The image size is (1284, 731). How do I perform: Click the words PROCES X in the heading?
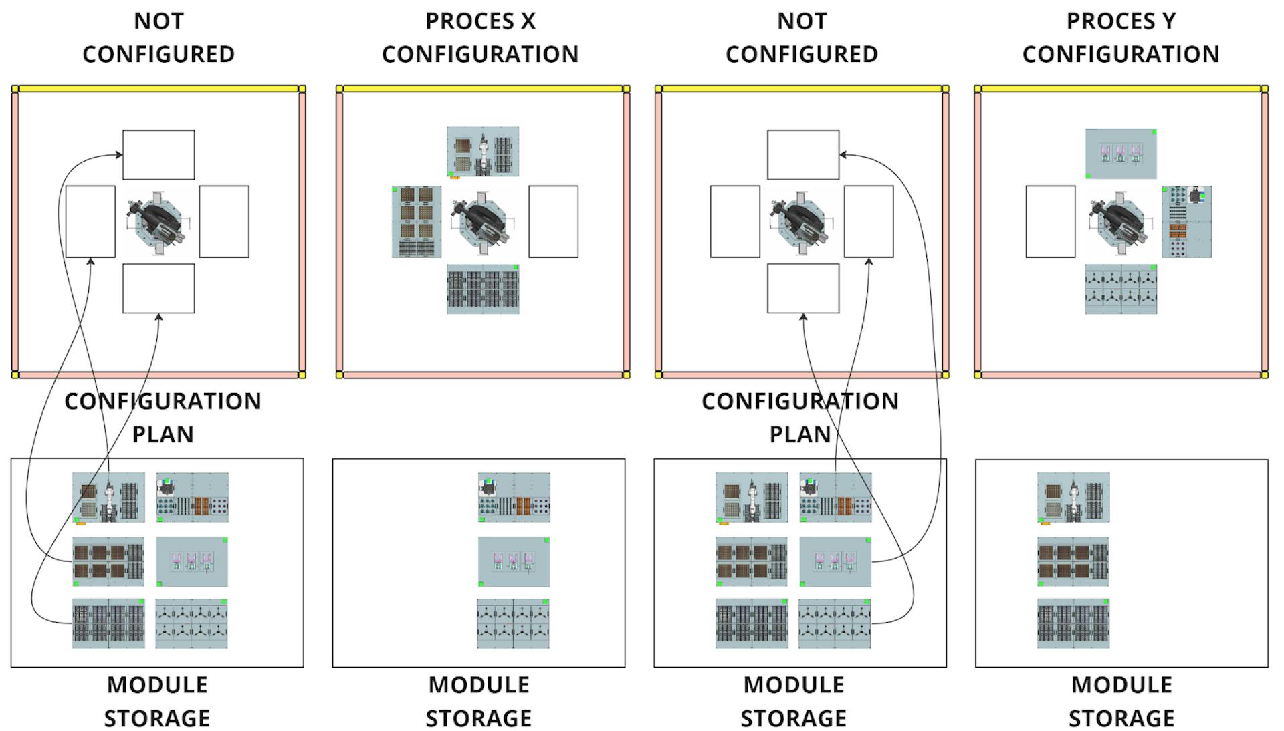pyautogui.click(x=480, y=21)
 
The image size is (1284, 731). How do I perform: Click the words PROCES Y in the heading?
pyautogui.click(x=1121, y=21)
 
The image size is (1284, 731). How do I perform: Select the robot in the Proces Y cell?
pyautogui.click(x=1121, y=222)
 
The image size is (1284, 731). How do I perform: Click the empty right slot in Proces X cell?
pyautogui.click(x=553, y=222)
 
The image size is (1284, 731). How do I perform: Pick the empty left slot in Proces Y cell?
pyautogui.click(x=1051, y=222)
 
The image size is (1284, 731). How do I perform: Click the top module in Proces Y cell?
pyautogui.click(x=1121, y=154)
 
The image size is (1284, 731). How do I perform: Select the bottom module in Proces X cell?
pyautogui.click(x=483, y=289)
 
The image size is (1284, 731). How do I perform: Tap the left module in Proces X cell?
pyautogui.click(x=417, y=222)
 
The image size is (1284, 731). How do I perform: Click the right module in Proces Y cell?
pyautogui.click(x=1187, y=222)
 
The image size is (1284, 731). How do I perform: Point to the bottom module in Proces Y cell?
pyautogui.click(x=1121, y=289)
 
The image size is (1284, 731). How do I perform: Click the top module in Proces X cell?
pyautogui.click(x=483, y=152)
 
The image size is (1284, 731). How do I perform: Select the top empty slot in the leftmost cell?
pyautogui.click(x=158, y=155)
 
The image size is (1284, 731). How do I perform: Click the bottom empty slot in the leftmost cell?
pyautogui.click(x=158, y=289)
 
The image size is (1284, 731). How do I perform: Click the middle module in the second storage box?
pyautogui.click(x=514, y=561)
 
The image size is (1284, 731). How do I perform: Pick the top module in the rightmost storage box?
pyautogui.click(x=1073, y=498)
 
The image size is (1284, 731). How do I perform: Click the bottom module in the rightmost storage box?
pyautogui.click(x=1073, y=623)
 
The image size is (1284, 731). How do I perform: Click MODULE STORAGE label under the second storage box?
pyautogui.click(x=479, y=701)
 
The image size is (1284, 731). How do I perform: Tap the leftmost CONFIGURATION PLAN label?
pyautogui.click(x=163, y=418)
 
